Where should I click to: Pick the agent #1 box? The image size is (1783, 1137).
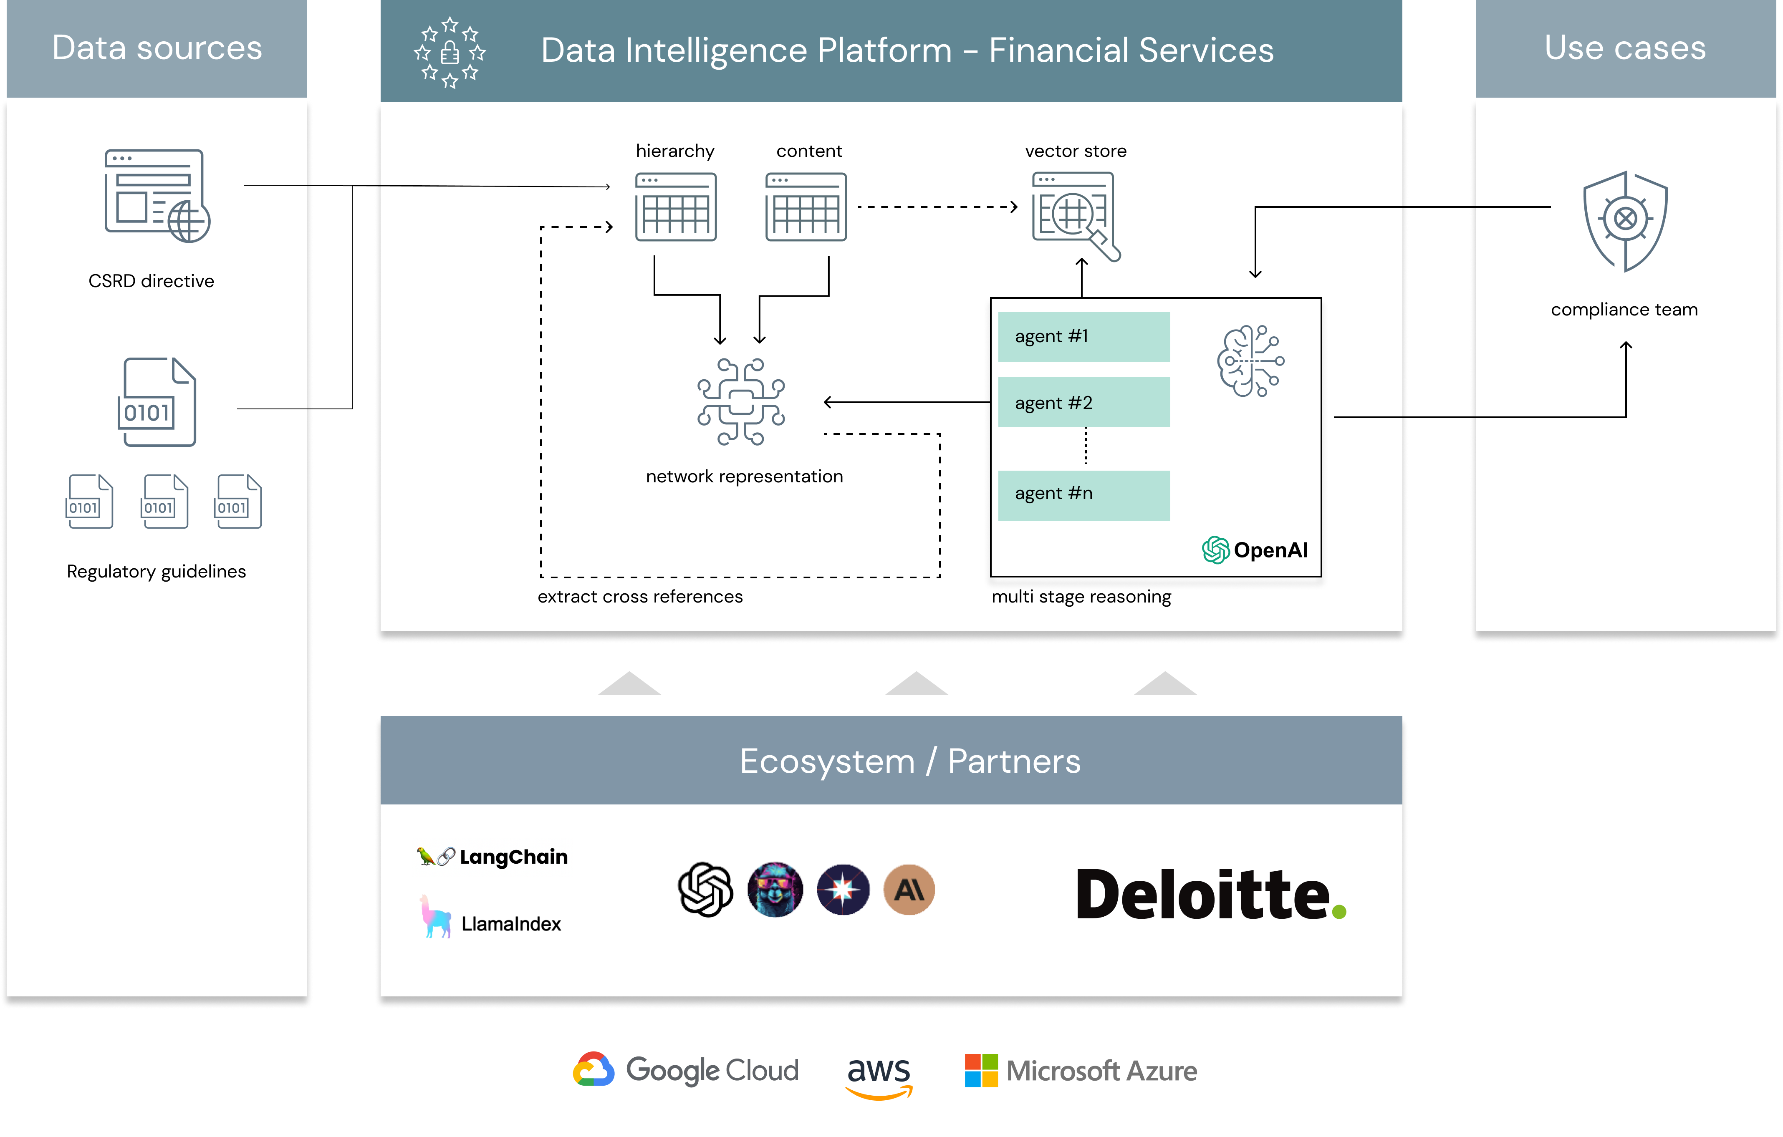(1083, 337)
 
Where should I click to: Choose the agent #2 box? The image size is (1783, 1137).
(1083, 403)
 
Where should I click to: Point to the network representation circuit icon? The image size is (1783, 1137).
(740, 401)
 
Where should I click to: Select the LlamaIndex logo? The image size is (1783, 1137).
(490, 918)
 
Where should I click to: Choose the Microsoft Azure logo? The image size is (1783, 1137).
(1080, 1070)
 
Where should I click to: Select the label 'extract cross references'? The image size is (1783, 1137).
(640, 597)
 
